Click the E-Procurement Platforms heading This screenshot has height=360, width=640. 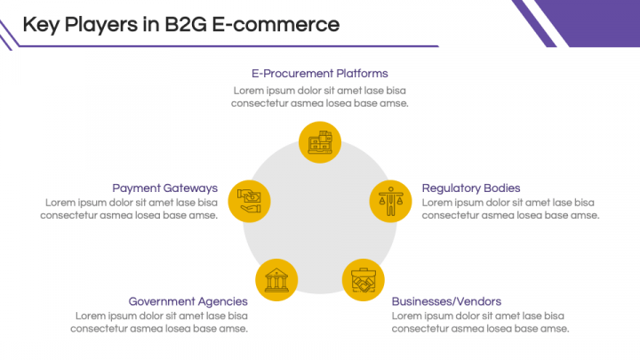point(320,74)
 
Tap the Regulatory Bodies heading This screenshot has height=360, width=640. point(471,188)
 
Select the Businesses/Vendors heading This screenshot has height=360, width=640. point(446,301)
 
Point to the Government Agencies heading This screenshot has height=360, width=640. point(188,301)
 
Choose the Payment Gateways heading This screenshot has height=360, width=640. point(164,188)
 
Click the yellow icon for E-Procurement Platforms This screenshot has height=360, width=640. point(320,142)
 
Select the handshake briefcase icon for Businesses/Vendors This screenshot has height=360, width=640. point(364,279)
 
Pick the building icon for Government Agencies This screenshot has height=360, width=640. point(276,279)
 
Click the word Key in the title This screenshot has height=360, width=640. point(41,24)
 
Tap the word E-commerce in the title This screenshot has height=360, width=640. point(278,24)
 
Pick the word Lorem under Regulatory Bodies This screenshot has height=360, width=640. point(438,203)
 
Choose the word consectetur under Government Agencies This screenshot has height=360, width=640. point(100,329)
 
